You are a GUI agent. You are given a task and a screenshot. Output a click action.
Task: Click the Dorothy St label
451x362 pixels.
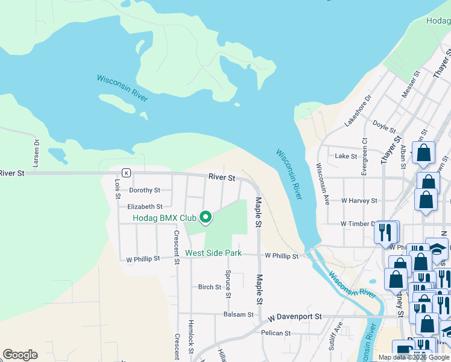click(x=145, y=190)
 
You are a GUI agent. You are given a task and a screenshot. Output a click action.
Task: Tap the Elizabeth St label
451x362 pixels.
click(x=140, y=206)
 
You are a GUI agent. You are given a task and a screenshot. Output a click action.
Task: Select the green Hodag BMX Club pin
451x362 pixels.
click(x=206, y=217)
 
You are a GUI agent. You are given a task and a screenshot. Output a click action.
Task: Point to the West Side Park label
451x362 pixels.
click(x=213, y=253)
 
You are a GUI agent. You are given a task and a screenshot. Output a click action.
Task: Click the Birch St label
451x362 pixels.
click(x=210, y=287)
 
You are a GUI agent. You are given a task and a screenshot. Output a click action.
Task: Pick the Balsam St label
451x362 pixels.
click(x=238, y=314)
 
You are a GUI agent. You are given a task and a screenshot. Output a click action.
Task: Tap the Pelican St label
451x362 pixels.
click(x=276, y=332)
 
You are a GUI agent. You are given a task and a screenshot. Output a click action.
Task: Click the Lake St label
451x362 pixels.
click(x=346, y=156)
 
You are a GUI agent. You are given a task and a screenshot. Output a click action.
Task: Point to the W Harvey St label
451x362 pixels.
click(x=359, y=200)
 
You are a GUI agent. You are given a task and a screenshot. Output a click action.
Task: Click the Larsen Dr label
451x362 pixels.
click(x=36, y=153)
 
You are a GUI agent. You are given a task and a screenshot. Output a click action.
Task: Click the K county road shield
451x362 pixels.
click(x=126, y=173)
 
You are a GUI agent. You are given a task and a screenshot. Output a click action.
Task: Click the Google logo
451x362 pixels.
click(x=20, y=355)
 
